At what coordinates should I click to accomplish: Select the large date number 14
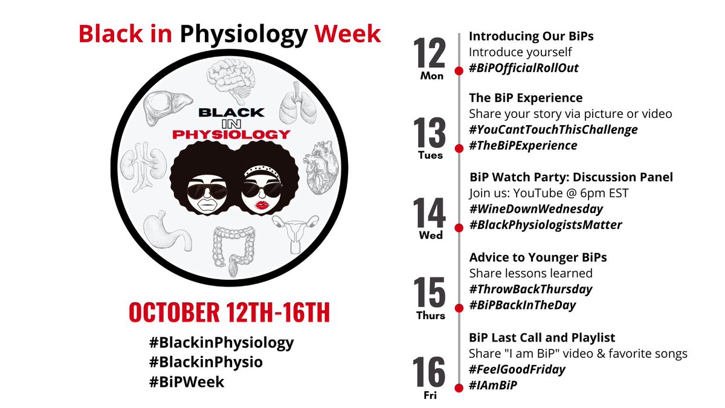(430, 212)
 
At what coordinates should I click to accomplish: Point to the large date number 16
(430, 372)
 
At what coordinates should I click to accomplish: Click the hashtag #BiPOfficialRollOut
(524, 68)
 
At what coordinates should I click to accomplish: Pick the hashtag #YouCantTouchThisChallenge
(553, 129)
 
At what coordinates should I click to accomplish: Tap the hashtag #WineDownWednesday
(536, 209)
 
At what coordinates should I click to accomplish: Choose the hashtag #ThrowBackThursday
(531, 289)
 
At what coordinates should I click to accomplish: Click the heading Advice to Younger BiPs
(538, 257)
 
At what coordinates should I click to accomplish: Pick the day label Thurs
(430, 316)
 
